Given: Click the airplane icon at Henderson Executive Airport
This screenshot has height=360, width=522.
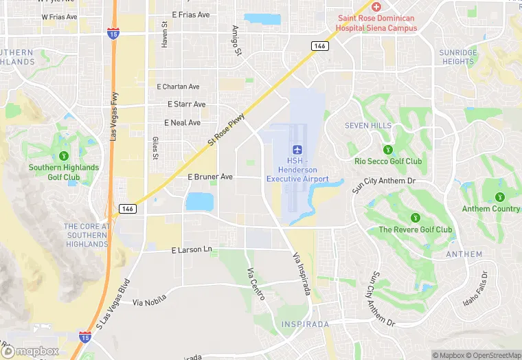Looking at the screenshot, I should coord(297,150).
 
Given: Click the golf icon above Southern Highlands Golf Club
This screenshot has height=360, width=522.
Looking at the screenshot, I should coord(64,156).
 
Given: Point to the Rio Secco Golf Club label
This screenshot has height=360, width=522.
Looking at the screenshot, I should coord(388,161).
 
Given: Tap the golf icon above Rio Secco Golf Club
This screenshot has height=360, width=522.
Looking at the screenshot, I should coord(388,149).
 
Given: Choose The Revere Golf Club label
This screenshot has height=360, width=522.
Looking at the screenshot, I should coord(415,229).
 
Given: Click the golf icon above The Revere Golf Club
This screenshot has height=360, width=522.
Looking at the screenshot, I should coord(415,217).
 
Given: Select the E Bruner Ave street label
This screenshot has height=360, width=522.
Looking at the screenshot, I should coord(210,177).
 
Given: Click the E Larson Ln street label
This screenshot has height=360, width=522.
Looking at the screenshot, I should coord(192,250).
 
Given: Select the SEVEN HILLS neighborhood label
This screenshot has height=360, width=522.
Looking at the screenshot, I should coord(369,126).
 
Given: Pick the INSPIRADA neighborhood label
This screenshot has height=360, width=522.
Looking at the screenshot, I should coord(306,324).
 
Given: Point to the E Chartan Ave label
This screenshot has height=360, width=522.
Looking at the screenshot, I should coord(178,87).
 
